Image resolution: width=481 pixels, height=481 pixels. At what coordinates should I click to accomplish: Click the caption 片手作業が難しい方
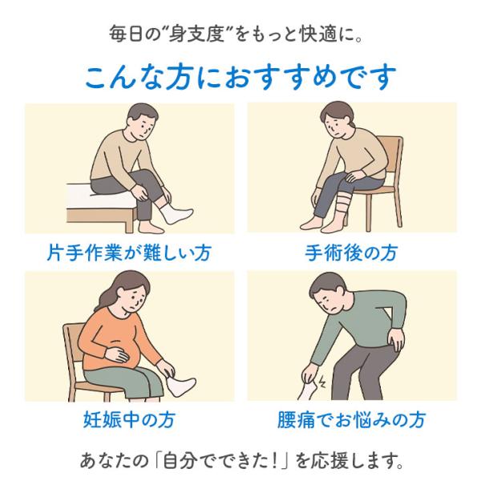coord(129,253)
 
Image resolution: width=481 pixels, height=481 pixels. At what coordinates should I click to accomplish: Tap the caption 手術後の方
coord(351,253)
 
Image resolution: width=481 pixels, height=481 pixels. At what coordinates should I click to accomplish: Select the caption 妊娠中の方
coord(129,419)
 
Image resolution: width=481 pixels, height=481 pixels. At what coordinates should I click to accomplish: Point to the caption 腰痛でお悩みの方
coord(351,419)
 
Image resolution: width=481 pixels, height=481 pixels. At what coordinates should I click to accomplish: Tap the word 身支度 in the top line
coord(199,34)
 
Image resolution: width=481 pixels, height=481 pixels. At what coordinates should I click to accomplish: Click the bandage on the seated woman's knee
coord(342,203)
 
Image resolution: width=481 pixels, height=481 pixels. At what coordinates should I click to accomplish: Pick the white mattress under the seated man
coord(98,196)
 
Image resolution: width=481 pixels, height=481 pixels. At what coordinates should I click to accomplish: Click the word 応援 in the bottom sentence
coord(329,460)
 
